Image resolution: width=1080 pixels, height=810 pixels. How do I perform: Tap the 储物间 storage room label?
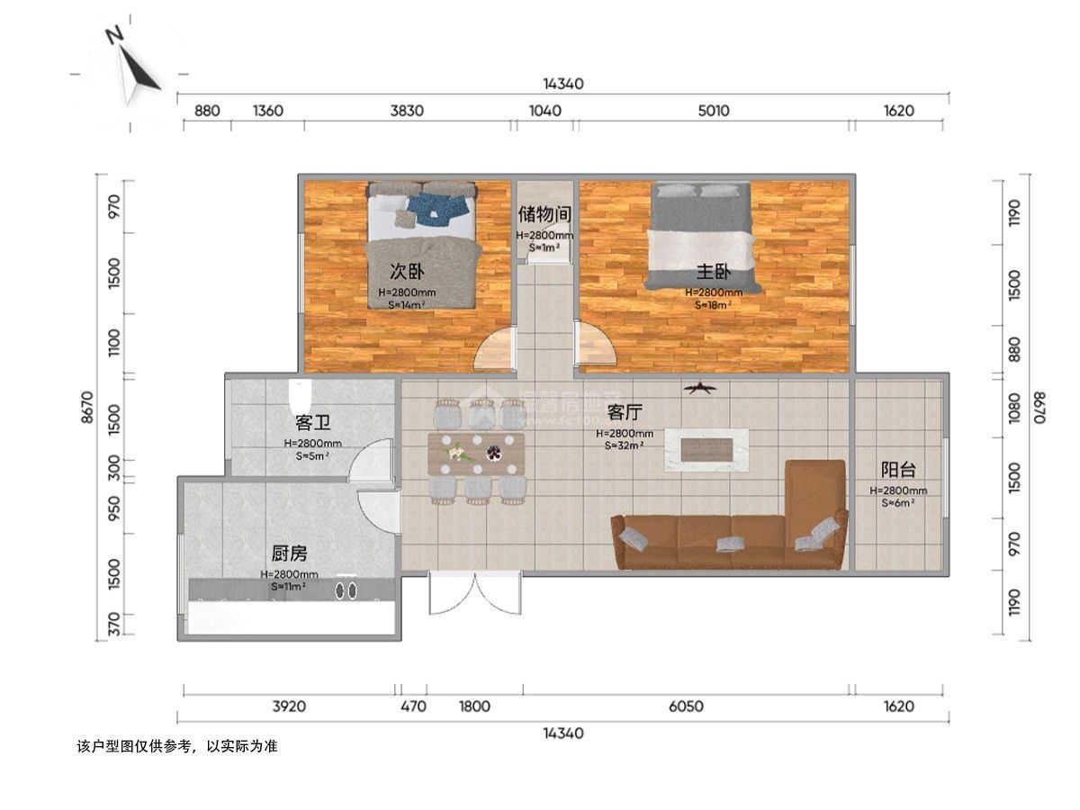[544, 214]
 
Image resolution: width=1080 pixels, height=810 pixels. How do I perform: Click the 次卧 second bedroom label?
[407, 271]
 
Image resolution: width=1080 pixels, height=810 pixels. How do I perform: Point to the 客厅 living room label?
[625, 412]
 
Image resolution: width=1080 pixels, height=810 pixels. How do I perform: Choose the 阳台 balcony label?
[898, 469]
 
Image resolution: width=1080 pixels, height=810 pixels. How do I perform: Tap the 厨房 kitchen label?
[289, 553]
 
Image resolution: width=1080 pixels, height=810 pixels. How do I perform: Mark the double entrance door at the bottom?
[475, 594]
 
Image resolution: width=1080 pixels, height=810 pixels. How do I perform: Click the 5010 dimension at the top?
[713, 111]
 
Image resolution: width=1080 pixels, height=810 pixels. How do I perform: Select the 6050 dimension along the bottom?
[687, 706]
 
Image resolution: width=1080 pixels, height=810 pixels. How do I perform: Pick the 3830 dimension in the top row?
[407, 111]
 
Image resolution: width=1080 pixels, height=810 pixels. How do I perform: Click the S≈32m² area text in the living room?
[624, 445]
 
